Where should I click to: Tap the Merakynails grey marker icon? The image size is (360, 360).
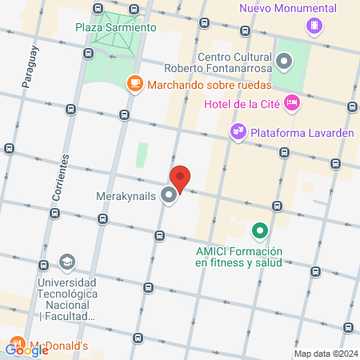point(169,195)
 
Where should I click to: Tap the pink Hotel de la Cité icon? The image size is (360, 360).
point(292,102)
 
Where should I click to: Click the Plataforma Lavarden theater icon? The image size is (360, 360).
point(238,131)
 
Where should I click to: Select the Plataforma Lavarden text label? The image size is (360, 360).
point(302,132)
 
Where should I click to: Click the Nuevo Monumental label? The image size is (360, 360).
point(287,9)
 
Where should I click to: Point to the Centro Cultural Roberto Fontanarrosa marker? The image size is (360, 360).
point(284,61)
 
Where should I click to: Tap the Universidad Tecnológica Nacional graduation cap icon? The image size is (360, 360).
point(67,262)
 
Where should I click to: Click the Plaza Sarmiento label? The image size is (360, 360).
point(115,27)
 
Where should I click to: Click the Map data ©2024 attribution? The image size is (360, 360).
point(325,354)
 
